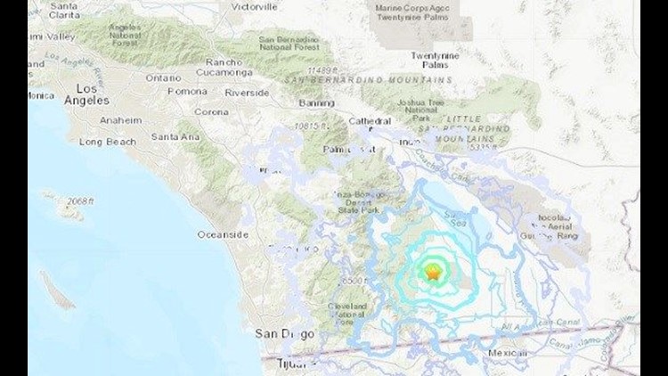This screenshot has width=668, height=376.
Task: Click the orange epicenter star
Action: [433, 274]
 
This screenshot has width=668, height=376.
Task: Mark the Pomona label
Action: [189, 92]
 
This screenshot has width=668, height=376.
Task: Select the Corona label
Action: [211, 112]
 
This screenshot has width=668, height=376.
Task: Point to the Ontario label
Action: [163, 78]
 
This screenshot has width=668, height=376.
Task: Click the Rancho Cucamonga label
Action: [231, 68]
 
